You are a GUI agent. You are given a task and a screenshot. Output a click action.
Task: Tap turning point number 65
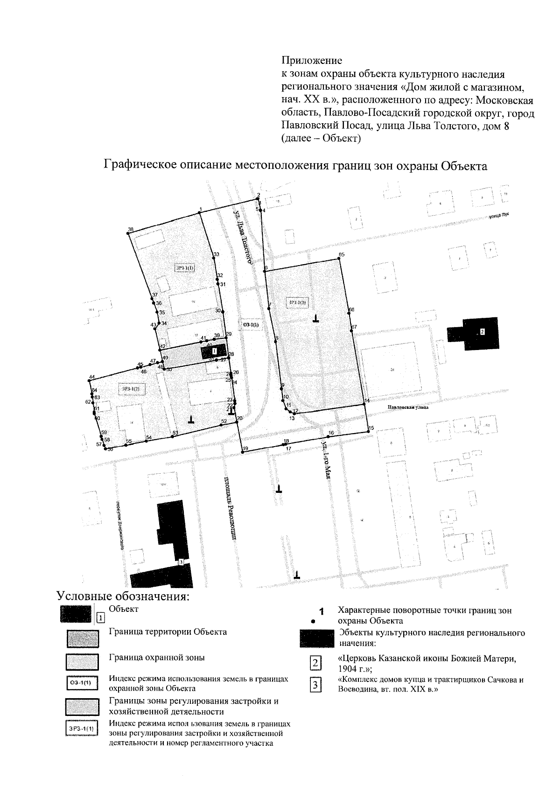(339, 259)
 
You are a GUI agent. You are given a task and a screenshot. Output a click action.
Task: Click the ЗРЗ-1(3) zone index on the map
(297, 303)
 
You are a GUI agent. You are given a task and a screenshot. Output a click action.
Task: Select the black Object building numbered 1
(214, 351)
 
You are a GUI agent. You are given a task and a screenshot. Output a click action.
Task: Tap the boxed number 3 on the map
(181, 562)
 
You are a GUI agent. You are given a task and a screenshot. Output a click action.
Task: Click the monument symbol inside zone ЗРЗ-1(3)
(316, 320)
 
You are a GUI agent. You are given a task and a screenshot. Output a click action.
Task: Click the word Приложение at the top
(312, 61)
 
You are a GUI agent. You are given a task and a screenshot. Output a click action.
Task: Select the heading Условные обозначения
(123, 597)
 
